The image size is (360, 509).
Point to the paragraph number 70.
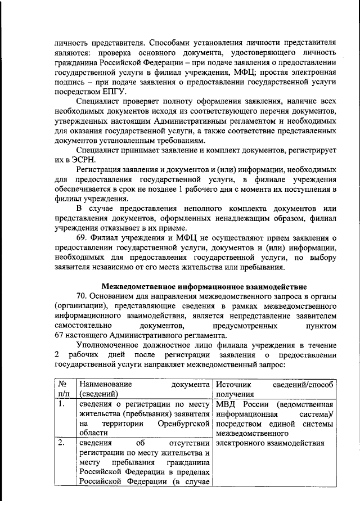(83, 295)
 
